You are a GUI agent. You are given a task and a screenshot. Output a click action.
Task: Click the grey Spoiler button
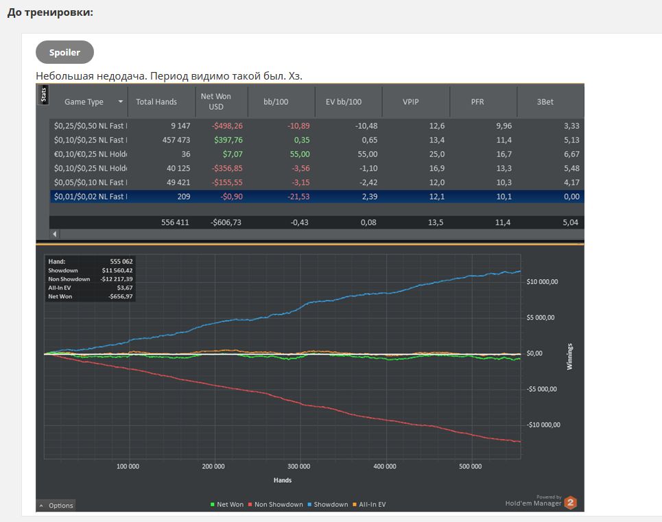pyautogui.click(x=64, y=52)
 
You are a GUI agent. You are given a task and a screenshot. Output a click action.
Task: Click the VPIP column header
pyautogui.click(x=410, y=102)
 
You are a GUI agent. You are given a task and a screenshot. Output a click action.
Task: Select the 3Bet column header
pyautogui.click(x=545, y=102)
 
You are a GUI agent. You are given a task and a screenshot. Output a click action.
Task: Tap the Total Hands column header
pyautogui.click(x=156, y=102)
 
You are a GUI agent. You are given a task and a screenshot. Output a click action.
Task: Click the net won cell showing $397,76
pyautogui.click(x=228, y=140)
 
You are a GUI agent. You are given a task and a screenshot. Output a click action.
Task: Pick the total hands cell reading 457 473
pyautogui.click(x=176, y=140)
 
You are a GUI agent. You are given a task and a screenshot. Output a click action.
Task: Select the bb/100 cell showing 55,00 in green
pyautogui.click(x=300, y=154)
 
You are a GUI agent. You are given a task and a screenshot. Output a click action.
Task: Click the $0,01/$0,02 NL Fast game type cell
pyautogui.click(x=91, y=196)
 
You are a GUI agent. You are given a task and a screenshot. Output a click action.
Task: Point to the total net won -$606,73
pyautogui.click(x=226, y=222)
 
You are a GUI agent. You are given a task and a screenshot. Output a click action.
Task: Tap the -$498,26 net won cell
pyautogui.click(x=227, y=126)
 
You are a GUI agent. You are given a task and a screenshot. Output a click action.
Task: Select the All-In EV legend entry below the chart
pyautogui.click(x=369, y=504)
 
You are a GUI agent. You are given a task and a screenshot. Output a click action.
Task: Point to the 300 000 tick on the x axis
pyautogui.click(x=299, y=466)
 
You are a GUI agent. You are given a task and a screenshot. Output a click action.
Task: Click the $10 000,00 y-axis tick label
pyautogui.click(x=542, y=281)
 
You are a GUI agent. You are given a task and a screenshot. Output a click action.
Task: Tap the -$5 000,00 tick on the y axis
pyautogui.click(x=542, y=389)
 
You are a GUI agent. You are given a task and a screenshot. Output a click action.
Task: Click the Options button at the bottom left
pyautogui.click(x=56, y=505)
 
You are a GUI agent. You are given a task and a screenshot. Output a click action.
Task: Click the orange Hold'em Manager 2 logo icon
pyautogui.click(x=570, y=502)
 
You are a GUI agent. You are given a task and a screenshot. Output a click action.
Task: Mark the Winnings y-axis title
pyautogui.click(x=569, y=357)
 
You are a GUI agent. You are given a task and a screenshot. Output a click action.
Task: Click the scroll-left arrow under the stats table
pyautogui.click(x=54, y=234)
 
